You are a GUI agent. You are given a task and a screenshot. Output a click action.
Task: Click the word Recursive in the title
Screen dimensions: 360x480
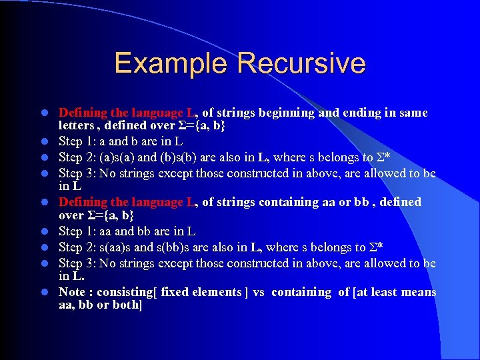[301, 63]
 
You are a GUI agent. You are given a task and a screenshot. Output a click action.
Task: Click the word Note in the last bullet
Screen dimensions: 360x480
[73, 292]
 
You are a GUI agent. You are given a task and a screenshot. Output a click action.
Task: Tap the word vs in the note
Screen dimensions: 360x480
[259, 292]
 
